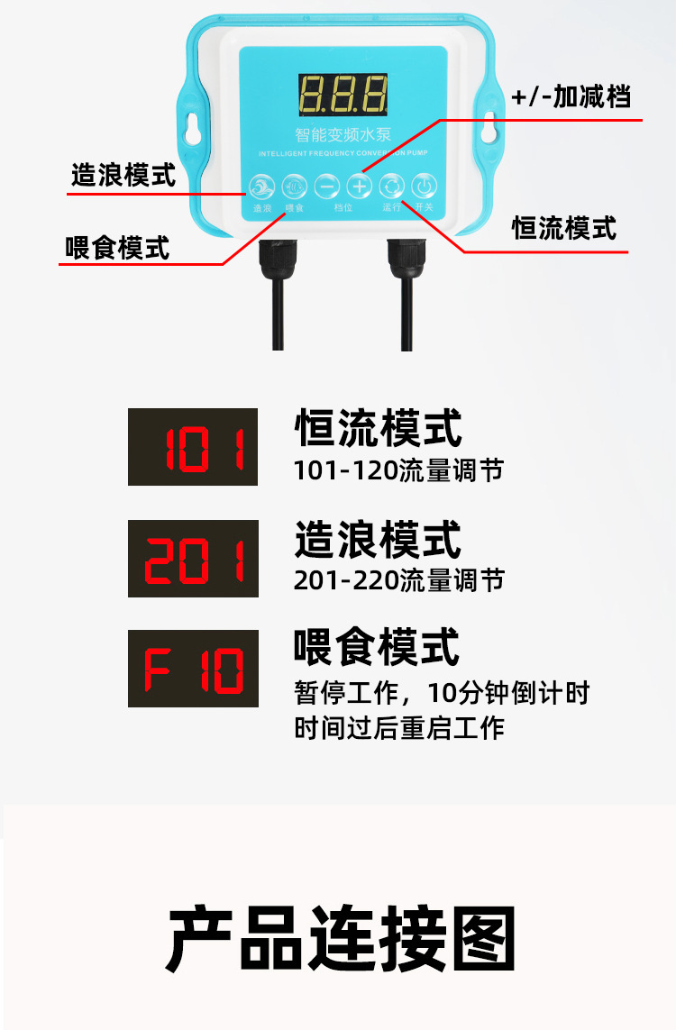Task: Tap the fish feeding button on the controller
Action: (x=294, y=187)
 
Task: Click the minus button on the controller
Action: (x=327, y=187)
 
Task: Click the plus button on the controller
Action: (x=360, y=187)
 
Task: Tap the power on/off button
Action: (x=424, y=187)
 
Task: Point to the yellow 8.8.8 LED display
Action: (x=342, y=95)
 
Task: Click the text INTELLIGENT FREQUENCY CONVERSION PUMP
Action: (x=343, y=153)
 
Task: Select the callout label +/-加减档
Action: (x=571, y=96)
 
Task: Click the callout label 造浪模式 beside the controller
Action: (x=123, y=174)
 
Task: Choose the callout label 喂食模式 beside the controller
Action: (x=117, y=247)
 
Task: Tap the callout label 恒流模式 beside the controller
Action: (x=564, y=228)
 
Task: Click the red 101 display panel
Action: (x=193, y=447)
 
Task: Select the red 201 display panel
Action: (x=193, y=558)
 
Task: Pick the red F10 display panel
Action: (x=193, y=668)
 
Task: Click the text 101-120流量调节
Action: (x=398, y=470)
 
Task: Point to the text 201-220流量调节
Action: (x=398, y=580)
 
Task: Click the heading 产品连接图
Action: (x=342, y=940)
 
